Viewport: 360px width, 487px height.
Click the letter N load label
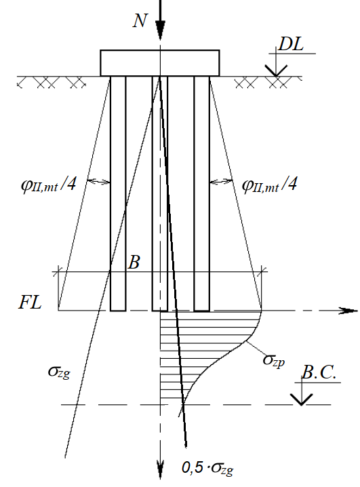(x=140, y=21)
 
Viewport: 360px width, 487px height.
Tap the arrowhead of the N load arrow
(x=160, y=31)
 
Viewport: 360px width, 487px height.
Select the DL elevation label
(x=291, y=44)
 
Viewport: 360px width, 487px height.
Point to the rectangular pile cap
(x=160, y=62)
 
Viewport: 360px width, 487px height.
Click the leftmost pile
(x=118, y=193)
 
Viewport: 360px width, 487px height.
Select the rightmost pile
(x=202, y=193)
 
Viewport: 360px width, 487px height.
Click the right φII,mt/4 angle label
(x=269, y=185)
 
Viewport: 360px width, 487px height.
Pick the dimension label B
(x=134, y=262)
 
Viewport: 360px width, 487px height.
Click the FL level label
(x=30, y=303)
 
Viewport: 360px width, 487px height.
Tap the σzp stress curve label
(x=273, y=361)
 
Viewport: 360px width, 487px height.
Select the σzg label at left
(x=59, y=372)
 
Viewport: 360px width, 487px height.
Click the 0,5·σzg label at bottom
(x=207, y=468)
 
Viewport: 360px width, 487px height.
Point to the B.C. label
(x=319, y=372)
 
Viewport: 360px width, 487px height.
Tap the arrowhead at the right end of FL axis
(x=348, y=311)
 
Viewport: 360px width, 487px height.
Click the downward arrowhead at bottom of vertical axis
(x=160, y=469)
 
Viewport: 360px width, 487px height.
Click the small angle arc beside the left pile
(x=98, y=181)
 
